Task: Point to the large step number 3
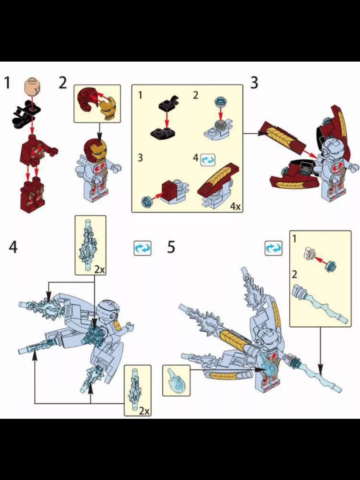point(254,83)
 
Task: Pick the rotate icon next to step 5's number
point(274,248)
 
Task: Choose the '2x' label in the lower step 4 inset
point(144,410)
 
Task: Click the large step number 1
point(7,83)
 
